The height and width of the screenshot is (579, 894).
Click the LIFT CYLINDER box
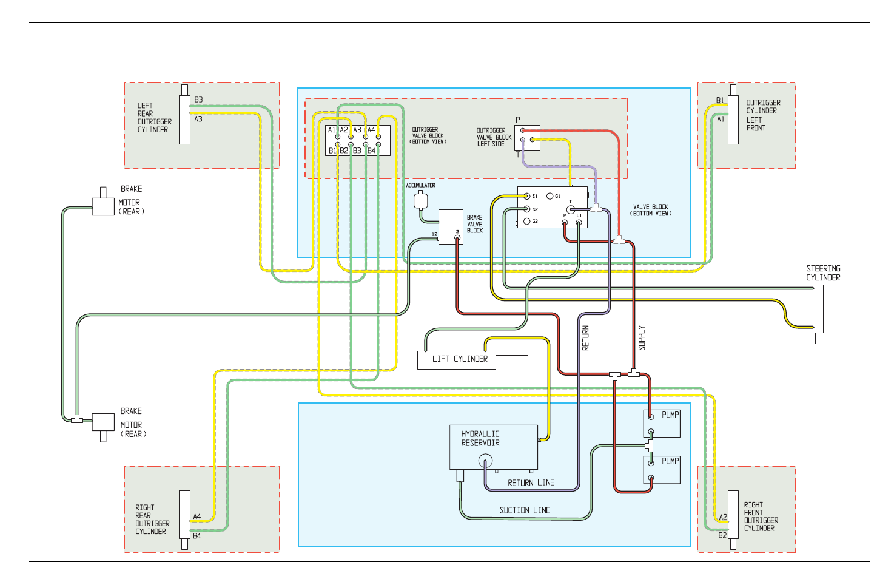456,360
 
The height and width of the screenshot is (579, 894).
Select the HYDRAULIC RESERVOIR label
480,438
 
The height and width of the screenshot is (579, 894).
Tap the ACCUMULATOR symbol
421,200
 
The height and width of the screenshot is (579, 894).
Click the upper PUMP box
662,424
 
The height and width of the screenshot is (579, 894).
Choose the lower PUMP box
662,470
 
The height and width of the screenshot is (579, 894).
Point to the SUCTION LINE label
525,510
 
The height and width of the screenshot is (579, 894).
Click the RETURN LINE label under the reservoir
531,482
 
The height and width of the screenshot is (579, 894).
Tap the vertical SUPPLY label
642,338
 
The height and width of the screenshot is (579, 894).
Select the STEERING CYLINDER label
823,273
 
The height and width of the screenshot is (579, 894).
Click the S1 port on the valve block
527,196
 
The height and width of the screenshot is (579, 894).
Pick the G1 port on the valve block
550,196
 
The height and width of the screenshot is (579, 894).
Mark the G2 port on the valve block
527,221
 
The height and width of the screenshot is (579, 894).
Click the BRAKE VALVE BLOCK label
475,224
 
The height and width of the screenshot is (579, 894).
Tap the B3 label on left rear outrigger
198,100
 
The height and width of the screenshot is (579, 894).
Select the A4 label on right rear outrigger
197,516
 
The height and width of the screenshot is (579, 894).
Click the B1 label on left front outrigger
719,100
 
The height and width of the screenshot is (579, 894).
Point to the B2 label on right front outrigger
722,535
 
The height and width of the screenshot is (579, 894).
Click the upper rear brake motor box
103,206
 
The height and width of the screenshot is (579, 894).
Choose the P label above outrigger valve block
517,120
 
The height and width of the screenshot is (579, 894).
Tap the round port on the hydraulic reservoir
485,461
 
